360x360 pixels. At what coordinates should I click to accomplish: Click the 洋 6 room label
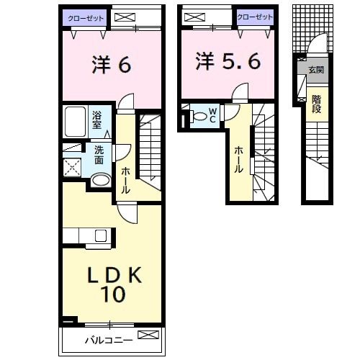click(111, 65)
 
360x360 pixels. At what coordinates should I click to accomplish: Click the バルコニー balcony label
click(108, 339)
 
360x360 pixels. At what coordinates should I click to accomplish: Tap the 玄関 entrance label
click(316, 70)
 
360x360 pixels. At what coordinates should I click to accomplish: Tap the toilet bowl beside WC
click(199, 114)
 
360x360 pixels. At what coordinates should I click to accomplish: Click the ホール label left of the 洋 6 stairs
click(125, 180)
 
